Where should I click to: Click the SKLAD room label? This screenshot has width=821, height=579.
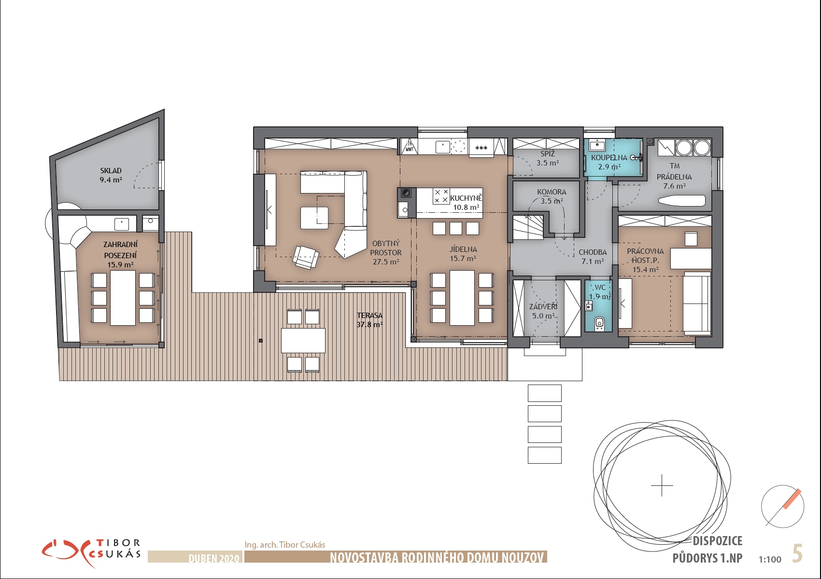coord(111,171)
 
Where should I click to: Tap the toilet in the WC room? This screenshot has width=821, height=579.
coord(600,323)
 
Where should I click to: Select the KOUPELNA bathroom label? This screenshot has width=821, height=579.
coord(609,158)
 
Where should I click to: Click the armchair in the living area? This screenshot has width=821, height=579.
coord(306,257)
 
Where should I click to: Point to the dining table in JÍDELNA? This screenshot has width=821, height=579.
coord(462,298)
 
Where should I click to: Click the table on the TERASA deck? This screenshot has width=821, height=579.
coord(303,341)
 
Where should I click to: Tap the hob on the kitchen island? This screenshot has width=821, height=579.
coord(441,196)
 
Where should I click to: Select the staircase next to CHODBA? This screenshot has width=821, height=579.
coord(528,227)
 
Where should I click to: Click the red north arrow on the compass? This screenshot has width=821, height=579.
coord(793,499)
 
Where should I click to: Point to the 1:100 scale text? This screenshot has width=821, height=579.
coord(770,559)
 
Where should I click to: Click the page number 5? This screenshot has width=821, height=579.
coord(797,553)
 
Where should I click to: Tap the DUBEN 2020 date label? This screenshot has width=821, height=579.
coord(213,558)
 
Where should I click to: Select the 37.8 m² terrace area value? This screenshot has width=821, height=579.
coord(369,324)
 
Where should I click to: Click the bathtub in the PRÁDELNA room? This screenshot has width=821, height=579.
coord(682,201)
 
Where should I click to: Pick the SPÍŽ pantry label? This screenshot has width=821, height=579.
coord(548,154)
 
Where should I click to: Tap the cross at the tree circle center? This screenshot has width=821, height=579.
coord(662,485)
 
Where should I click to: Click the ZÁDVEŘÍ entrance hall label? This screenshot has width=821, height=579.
coord(543,306)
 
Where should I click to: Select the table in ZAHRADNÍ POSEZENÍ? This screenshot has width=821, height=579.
coord(123,298)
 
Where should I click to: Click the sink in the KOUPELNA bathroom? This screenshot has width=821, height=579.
coord(597,145)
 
